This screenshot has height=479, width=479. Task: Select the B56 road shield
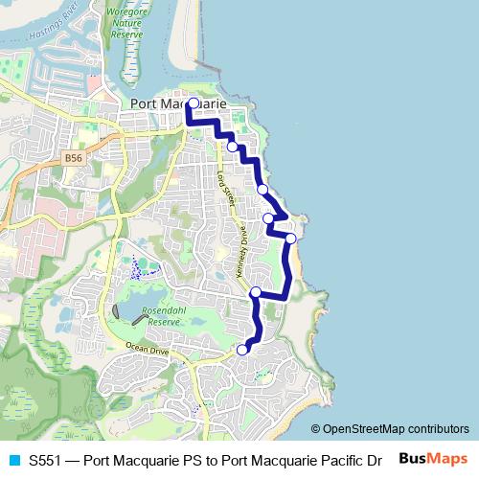point(74,156)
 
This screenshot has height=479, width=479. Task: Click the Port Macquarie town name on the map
point(177,103)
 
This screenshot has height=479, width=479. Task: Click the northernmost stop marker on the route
point(193,103)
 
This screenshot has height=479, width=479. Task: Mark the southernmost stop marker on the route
point(242,349)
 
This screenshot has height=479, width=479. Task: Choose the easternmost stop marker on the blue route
point(290,239)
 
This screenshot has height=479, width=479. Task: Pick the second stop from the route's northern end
point(232,146)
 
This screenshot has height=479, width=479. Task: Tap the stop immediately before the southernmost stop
point(255,292)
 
